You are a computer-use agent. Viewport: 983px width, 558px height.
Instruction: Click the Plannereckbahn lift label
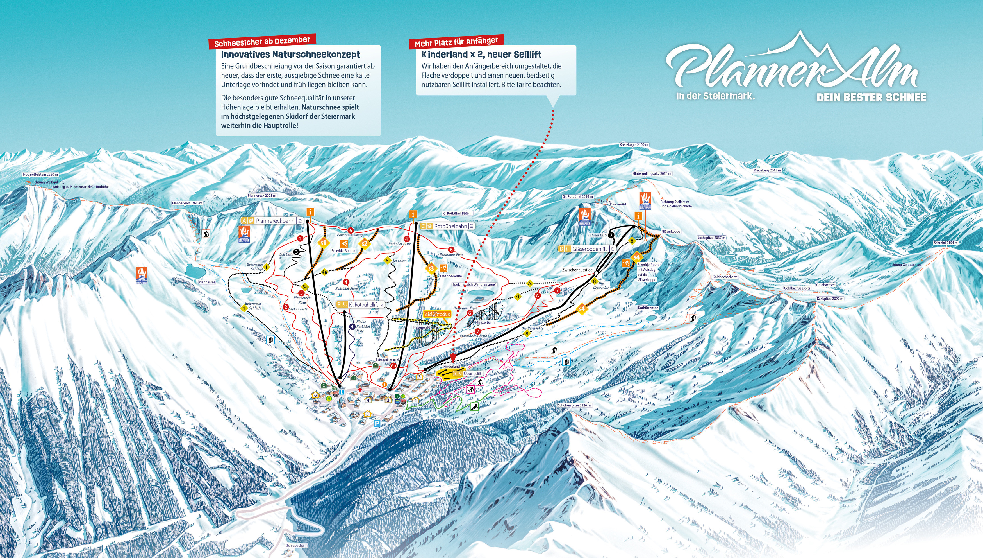click(x=275, y=221)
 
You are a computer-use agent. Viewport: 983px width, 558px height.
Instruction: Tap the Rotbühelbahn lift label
click(x=450, y=226)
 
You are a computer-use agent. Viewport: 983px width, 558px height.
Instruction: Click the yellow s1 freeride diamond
click(x=324, y=243)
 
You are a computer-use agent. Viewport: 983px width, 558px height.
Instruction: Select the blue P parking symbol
click(x=377, y=423)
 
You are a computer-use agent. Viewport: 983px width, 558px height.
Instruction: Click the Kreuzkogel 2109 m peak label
click(x=634, y=145)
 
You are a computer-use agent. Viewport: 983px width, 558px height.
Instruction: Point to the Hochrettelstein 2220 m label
click(x=40, y=174)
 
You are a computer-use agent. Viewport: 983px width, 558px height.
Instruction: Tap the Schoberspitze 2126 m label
click(x=574, y=405)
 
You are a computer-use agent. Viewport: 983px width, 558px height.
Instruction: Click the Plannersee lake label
click(x=207, y=282)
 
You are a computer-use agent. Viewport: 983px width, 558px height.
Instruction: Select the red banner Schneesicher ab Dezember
click(x=262, y=41)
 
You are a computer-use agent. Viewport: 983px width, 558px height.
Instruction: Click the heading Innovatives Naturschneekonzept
click(x=290, y=55)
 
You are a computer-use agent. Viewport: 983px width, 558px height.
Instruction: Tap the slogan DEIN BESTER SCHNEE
click(x=871, y=98)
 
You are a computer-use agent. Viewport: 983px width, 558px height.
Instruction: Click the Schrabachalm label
click(x=297, y=545)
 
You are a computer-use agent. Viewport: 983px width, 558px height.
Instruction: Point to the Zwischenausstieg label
click(x=577, y=270)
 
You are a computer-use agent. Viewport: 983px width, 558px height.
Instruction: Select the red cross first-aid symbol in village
click(x=359, y=390)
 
